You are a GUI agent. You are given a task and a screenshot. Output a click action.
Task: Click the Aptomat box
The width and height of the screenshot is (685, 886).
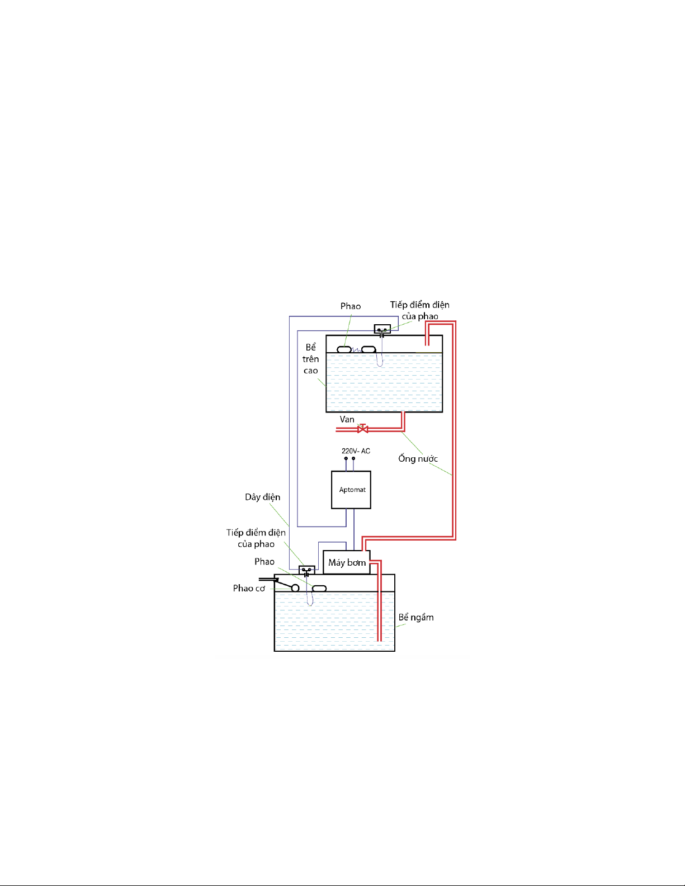tap(351, 490)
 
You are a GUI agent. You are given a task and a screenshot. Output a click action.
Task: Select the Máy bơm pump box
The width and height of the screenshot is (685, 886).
tap(346, 562)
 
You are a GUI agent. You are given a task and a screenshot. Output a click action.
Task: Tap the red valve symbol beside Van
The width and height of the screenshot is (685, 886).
tap(362, 429)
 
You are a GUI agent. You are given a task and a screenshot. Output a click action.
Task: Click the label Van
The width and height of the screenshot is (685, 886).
tap(347, 419)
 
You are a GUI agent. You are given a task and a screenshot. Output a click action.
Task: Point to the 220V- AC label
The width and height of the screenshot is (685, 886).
tap(356, 451)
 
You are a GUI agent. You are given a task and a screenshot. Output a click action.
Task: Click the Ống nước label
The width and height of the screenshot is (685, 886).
tap(418, 458)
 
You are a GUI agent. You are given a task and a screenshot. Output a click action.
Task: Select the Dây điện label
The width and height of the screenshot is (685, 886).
tap(263, 497)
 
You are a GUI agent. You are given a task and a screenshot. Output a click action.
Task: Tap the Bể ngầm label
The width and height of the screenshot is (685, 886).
tap(416, 617)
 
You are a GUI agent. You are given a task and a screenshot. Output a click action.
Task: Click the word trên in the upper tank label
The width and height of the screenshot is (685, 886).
tap(311, 359)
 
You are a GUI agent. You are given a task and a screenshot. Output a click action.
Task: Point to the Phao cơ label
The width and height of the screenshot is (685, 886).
tap(249, 589)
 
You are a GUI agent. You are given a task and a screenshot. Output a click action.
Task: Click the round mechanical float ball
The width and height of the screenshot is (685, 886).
tap(295, 588)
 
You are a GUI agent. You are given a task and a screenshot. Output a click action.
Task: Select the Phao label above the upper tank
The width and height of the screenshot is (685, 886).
tap(351, 306)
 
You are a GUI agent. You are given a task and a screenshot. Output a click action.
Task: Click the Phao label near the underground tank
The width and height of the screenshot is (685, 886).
tap(264, 562)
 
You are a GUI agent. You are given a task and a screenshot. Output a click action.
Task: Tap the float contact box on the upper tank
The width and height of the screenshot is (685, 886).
tap(382, 329)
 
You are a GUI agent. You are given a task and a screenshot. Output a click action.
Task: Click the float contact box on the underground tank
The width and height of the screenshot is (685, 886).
tap(306, 570)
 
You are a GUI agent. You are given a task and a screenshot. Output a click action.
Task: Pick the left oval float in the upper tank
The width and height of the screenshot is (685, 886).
tap(344, 349)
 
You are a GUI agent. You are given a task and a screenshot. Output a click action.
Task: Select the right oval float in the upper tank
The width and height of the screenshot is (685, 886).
tap(369, 349)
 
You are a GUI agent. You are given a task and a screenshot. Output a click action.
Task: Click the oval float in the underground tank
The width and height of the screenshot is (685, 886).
tap(319, 589)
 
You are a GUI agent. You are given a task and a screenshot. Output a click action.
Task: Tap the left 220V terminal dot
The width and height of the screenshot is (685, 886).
tap(346, 458)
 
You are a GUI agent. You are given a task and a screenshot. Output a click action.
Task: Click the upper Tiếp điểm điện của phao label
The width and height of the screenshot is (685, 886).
tap(419, 310)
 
